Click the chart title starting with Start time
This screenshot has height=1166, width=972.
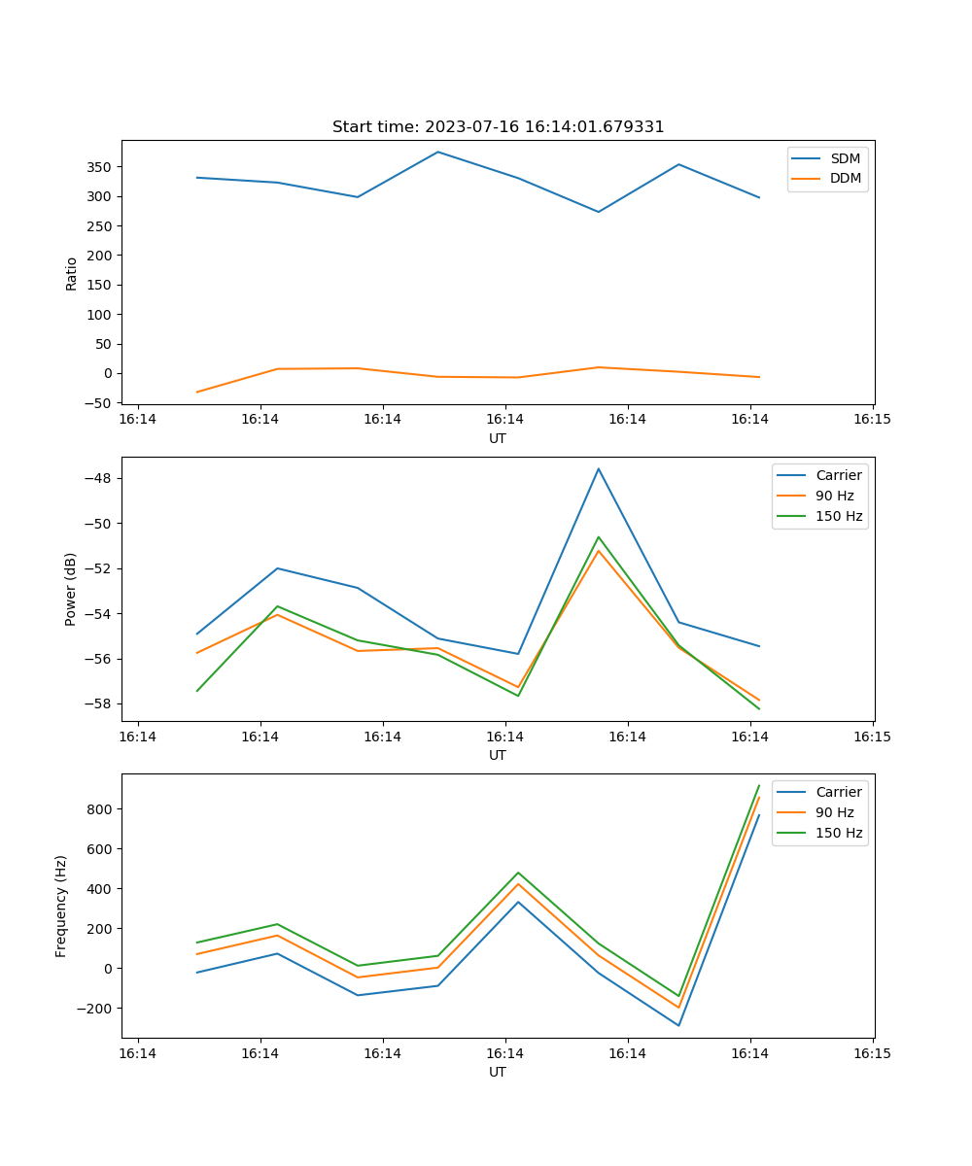pyautogui.click(x=498, y=127)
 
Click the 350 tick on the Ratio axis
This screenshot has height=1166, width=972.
pyautogui.click(x=101, y=167)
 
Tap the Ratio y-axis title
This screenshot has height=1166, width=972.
pyautogui.click(x=72, y=273)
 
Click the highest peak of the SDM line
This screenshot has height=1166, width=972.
pyautogui.click(x=437, y=152)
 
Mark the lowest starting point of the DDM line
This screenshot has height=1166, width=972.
pyautogui.click(x=197, y=393)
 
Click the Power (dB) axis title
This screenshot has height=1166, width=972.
pyautogui.click(x=72, y=590)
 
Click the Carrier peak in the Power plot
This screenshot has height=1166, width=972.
pyautogui.click(x=599, y=468)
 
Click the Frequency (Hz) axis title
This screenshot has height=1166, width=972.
pyautogui.click(x=62, y=907)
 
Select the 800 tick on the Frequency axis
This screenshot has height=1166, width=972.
pyautogui.click(x=101, y=809)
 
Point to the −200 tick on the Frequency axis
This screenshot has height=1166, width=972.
pyautogui.click(x=97, y=1009)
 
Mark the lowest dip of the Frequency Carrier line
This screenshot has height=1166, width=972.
pyautogui.click(x=678, y=1025)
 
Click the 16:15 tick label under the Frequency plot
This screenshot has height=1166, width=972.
pyautogui.click(x=872, y=1053)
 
